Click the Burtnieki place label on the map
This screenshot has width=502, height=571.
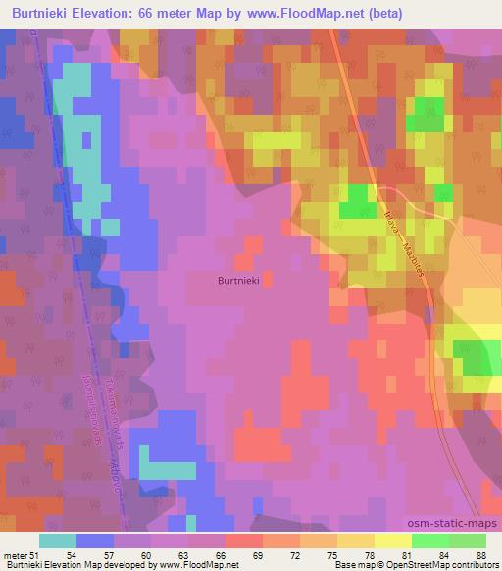(x=236, y=280)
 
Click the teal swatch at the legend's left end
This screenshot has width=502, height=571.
(x=58, y=541)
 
